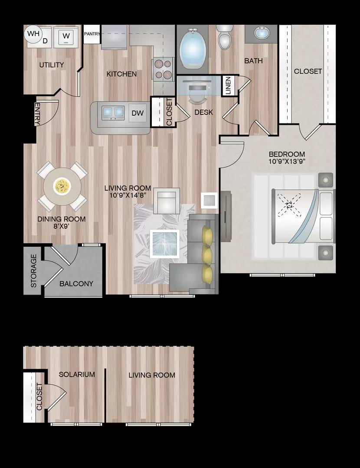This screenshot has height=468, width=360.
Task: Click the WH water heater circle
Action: [33, 34]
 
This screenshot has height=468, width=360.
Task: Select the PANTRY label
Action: [92, 34]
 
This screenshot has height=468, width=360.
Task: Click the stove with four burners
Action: [163, 69]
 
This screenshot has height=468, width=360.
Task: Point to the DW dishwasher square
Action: [138, 113]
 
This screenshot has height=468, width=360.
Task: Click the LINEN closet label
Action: [228, 86]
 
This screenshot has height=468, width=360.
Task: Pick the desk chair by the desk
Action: [198, 96]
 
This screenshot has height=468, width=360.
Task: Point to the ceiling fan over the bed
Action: [289, 205]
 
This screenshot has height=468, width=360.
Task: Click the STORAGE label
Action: [34, 271]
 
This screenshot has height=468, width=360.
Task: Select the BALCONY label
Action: [76, 283]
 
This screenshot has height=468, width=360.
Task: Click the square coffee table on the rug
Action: [165, 244]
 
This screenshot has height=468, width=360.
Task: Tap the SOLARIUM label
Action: [77, 374]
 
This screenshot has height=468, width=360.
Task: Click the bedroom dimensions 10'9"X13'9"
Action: [287, 162]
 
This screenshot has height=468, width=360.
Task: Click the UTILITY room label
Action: [51, 65]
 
